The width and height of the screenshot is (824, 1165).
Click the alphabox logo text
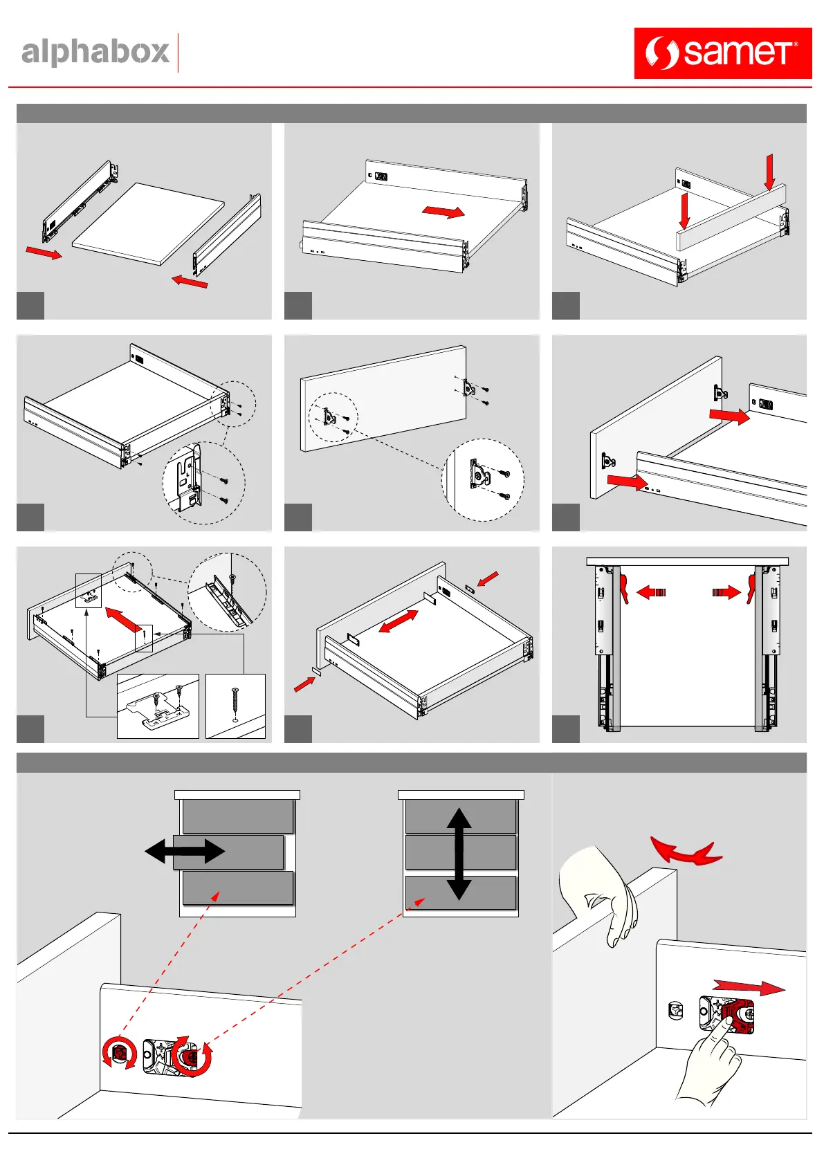point(95,53)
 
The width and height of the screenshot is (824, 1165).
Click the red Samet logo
point(722,53)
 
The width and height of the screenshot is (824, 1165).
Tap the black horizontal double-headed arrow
point(185,851)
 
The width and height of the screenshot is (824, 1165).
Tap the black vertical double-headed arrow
point(459,854)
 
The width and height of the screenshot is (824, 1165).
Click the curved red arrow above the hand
point(685,852)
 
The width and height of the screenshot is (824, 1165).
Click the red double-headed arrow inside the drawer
point(399,621)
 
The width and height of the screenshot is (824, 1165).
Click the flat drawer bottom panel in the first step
point(149,223)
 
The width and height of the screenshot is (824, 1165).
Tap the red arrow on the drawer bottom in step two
point(443,211)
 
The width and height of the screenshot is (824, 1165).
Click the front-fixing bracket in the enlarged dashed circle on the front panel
point(479,476)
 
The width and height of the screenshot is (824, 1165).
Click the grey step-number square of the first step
point(30,305)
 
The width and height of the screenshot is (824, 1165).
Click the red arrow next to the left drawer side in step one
point(44,253)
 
